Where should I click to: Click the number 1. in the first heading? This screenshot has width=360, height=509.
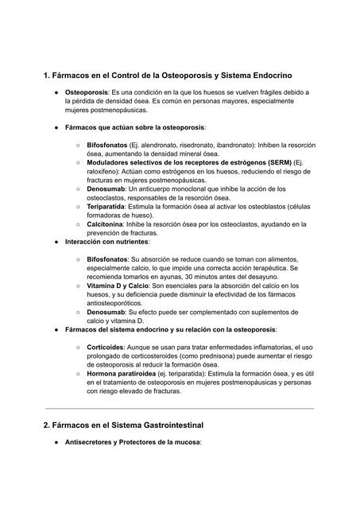47,75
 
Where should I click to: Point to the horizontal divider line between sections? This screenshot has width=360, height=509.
180,409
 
